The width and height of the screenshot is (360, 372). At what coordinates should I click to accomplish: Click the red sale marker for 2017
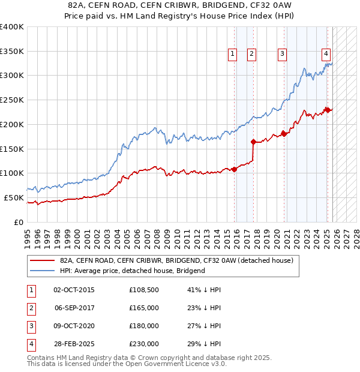tap(253, 142)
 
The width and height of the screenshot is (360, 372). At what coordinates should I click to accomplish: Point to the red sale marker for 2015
tap(235, 169)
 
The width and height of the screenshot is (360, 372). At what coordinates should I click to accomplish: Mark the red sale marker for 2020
tap(284, 134)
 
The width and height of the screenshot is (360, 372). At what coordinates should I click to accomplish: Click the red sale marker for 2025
tap(328, 109)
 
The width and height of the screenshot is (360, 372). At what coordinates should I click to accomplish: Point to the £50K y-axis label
tap(14, 197)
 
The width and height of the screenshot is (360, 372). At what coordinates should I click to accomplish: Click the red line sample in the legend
tap(42, 260)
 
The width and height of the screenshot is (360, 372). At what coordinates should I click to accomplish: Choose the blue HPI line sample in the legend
tap(42, 271)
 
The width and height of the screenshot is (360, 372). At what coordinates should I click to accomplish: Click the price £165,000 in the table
tap(144, 307)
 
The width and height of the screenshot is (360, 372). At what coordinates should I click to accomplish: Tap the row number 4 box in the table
tap(30, 344)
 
